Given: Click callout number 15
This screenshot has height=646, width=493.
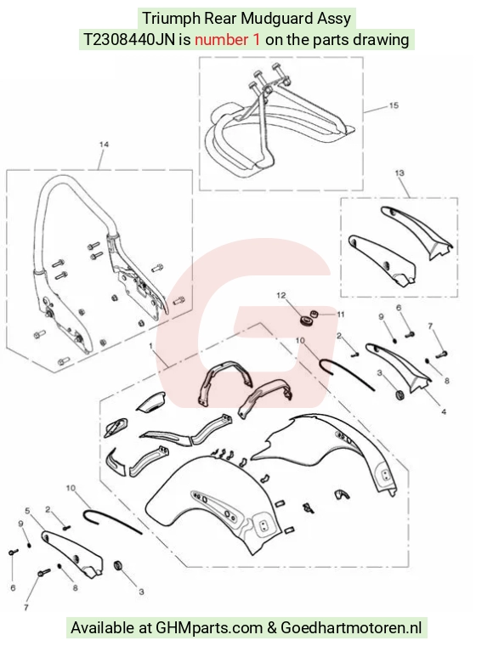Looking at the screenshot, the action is pos(394,105).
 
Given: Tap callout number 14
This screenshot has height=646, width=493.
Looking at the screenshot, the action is pos(104,144).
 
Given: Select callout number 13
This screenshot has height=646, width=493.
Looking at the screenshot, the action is pos(399,173).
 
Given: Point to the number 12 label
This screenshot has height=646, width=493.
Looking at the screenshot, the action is pos(281,296).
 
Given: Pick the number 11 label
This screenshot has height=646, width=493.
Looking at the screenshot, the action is pos(341,314).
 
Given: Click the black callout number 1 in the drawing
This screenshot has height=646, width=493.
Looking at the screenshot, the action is pos(150,344).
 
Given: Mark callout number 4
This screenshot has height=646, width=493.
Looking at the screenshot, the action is pos(444,411).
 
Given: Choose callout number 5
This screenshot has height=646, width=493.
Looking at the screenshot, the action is pos(27,511).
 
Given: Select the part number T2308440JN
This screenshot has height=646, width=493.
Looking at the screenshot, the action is pos(130,40).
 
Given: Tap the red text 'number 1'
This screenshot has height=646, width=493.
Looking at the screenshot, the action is pos(227,40).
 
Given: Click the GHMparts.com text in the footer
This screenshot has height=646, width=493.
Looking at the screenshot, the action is pos(209,628).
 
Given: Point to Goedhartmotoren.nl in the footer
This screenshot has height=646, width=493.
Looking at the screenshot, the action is pos(351,628).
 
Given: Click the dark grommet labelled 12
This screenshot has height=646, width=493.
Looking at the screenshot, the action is pos(306,320).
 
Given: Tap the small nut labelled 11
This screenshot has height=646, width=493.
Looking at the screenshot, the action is pos(314,314).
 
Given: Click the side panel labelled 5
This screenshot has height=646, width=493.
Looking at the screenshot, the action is pos(72,552).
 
